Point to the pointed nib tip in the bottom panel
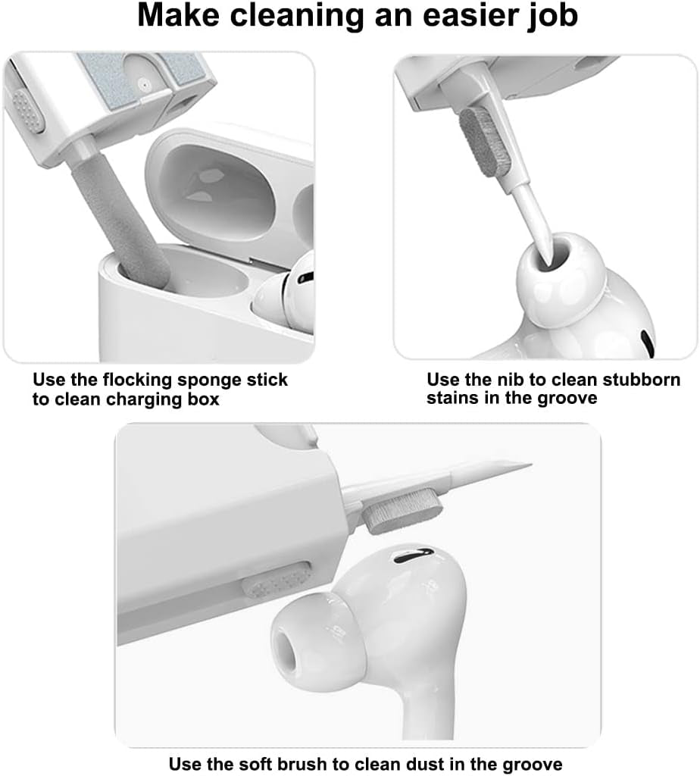click(523, 465)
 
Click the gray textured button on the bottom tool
click(277, 581)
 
